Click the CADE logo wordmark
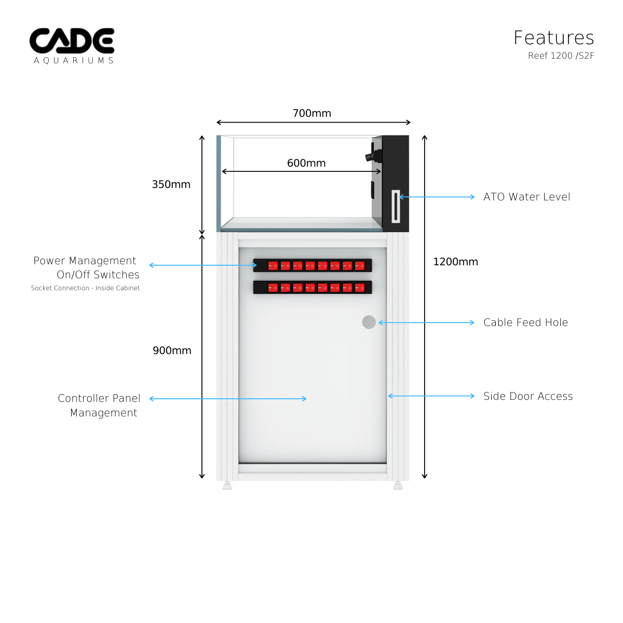coord(72,41)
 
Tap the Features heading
coord(553,38)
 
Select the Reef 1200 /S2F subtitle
coord(561,56)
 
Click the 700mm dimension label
coord(311,113)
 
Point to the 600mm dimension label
coord(306,163)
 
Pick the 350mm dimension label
coord(171,184)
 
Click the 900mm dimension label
coord(172,350)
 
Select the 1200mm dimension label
coord(455,262)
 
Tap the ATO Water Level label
coord(526,197)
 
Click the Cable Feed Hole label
coord(525,322)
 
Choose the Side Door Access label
coord(528,396)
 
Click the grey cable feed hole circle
coord(369,322)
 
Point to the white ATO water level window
coord(396,207)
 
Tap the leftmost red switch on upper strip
coord(273,266)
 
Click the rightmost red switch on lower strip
coord(360,288)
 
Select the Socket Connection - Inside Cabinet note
coord(85,288)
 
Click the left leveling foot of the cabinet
coord(227,486)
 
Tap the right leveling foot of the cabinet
coord(398,486)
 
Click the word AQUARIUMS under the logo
coord(74,61)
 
